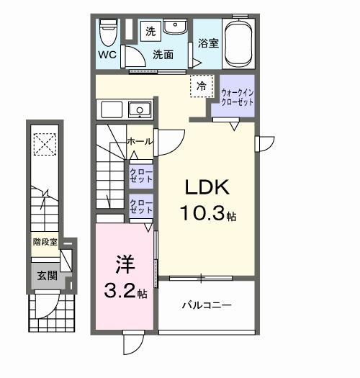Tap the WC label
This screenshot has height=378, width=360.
(107, 55)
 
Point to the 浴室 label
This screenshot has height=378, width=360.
(209, 43)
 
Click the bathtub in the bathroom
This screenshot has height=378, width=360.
(239, 42)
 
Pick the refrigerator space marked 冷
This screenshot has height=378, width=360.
(202, 87)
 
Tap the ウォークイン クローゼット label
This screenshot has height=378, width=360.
(237, 97)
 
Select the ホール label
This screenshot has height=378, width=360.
(140, 142)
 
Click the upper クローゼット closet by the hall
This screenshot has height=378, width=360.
(140, 176)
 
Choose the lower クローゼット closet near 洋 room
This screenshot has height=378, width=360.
(140, 207)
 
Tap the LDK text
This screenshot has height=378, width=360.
(207, 189)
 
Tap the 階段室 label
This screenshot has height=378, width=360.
(45, 242)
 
